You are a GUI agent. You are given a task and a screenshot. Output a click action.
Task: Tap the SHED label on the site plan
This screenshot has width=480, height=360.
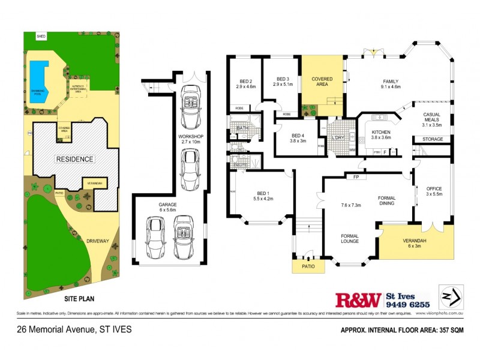pos(41,36)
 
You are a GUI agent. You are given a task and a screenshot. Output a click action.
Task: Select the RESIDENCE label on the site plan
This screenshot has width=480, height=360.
pos(75,159)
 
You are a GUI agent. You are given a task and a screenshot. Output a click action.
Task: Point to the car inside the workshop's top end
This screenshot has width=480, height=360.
pos(191,106)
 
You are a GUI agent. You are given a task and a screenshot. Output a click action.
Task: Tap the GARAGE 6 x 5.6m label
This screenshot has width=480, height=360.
pos(167,208)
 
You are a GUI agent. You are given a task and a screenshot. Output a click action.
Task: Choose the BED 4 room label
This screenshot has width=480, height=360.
pos(299,139)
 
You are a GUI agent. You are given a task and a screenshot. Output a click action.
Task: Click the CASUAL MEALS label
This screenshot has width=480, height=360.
pos(432,118)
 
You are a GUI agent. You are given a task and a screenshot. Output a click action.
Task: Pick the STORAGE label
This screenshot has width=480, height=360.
pos(433,139)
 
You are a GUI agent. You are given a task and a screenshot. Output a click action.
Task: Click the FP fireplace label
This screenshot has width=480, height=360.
pos(355,177)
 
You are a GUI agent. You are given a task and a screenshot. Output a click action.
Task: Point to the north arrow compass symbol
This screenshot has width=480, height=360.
pos(451,296)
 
